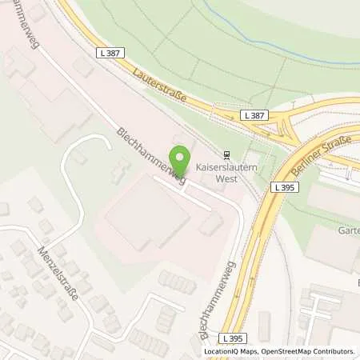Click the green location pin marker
tap(180, 158)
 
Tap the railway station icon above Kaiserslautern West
tap(228, 156)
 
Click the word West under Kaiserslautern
tap(228, 182)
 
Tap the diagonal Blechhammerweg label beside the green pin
tap(150, 156)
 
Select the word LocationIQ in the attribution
tap(222, 351)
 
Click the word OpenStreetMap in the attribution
tap(280, 351)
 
